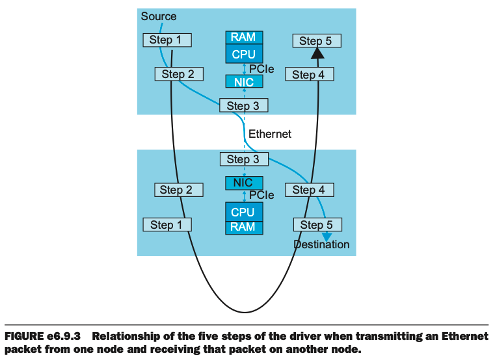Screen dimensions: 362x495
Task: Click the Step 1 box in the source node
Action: (x=168, y=40)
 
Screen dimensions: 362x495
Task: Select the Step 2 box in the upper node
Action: (x=178, y=74)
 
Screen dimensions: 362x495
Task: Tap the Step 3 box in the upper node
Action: (x=243, y=106)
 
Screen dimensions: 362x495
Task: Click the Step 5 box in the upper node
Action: (x=315, y=41)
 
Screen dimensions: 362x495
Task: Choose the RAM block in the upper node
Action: (x=243, y=38)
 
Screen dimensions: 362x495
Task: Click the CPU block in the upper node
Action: (x=243, y=54)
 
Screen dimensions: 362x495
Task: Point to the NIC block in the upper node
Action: (x=244, y=82)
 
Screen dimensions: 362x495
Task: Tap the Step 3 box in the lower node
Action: (x=243, y=159)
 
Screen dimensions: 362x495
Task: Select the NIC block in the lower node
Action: (x=243, y=183)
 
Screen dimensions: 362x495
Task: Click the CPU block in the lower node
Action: (x=243, y=212)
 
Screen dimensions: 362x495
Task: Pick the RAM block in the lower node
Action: (x=243, y=227)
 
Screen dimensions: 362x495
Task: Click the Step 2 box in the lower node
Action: (x=178, y=190)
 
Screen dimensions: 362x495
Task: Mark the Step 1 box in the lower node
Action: (x=167, y=225)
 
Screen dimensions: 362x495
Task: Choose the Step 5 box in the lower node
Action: (x=317, y=225)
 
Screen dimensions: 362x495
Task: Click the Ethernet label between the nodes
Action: (x=270, y=134)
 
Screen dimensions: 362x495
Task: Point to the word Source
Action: (x=159, y=16)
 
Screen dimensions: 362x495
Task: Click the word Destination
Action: (x=321, y=245)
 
